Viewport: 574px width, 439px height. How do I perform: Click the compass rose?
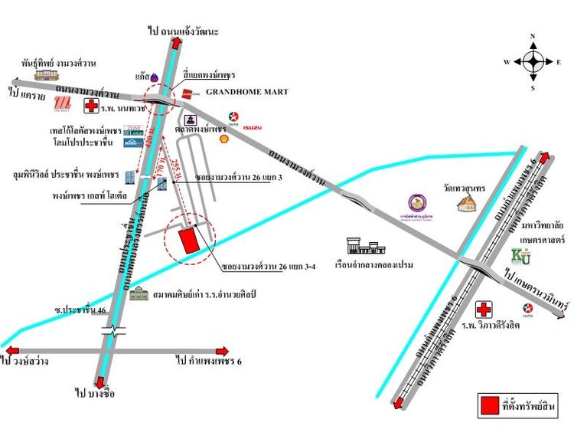tap(533, 61)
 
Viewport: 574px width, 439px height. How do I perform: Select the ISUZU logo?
tap(253, 126)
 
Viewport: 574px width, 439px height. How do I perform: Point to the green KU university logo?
tap(520, 256)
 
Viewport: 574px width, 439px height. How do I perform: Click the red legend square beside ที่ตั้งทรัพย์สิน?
tap(488, 405)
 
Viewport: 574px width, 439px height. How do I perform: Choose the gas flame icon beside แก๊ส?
tap(154, 77)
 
